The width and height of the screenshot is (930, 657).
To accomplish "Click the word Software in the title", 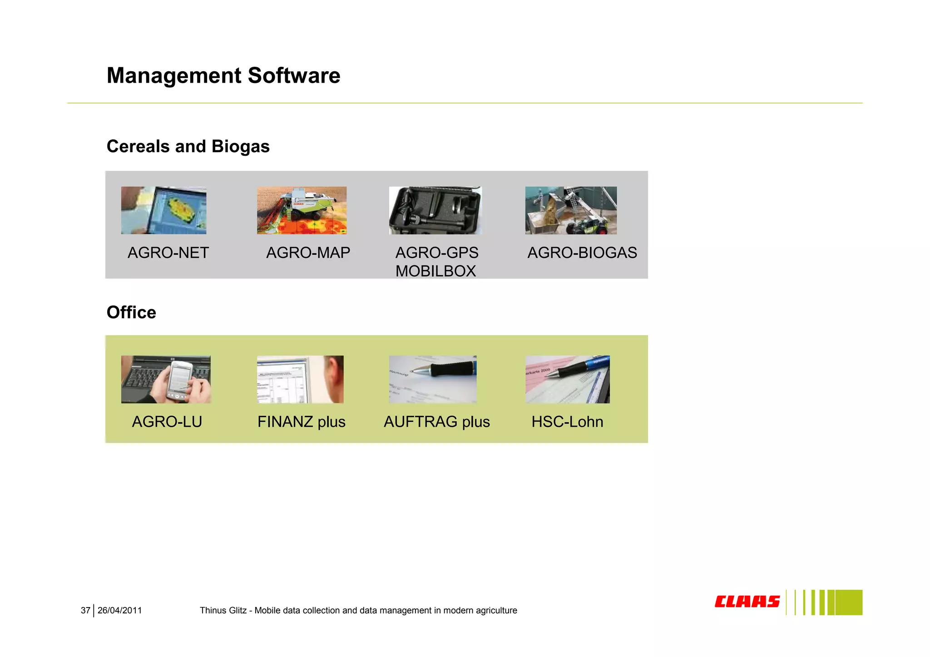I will click(x=294, y=75).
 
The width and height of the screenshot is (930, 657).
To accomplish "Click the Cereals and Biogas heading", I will click(x=188, y=146).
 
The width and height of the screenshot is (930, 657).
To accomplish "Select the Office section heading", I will click(x=131, y=312).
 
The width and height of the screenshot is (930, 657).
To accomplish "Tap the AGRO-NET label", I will click(x=168, y=252).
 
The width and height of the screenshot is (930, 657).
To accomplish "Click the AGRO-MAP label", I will click(x=308, y=252).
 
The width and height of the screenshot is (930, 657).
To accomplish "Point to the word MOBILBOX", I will click(x=435, y=271).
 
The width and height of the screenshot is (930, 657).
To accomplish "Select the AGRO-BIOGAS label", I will click(x=582, y=252).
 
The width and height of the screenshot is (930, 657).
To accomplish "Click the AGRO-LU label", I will click(x=167, y=422).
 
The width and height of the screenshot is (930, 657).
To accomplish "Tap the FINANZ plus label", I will click(x=301, y=422).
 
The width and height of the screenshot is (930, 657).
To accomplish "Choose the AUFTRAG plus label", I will click(x=436, y=422).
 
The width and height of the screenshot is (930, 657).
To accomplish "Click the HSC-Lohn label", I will click(x=567, y=422).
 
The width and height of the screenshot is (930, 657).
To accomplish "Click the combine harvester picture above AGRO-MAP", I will click(x=302, y=210).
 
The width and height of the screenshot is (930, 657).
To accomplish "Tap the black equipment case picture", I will click(x=435, y=210).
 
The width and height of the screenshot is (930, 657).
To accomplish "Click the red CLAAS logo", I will click(x=747, y=602).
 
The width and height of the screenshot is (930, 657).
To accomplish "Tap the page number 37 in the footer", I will click(x=85, y=611).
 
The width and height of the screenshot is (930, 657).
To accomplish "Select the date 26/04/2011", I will click(x=119, y=611).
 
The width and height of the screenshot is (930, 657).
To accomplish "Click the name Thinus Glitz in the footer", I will click(x=223, y=611).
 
